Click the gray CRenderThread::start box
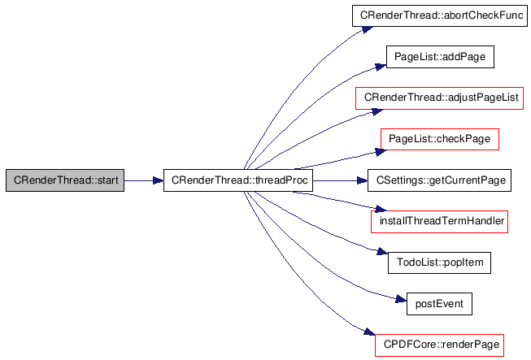[x=65, y=180]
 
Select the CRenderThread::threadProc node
[x=238, y=180]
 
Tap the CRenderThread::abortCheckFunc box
[x=440, y=15]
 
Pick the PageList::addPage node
[x=440, y=57]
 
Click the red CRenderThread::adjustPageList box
[x=440, y=98]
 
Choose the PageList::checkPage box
[x=440, y=139]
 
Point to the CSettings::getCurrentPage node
[x=440, y=180]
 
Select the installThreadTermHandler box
[x=440, y=222]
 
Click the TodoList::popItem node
[x=440, y=262]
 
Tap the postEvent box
[x=440, y=304]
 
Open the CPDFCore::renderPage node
[x=440, y=345]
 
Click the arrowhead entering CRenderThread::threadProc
[x=158, y=180]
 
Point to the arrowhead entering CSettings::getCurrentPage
[x=363, y=180]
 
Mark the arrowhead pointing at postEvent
[x=401, y=299]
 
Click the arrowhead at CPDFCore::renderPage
[x=369, y=332]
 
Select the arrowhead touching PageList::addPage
[x=381, y=67]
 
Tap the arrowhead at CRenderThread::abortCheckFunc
[x=368, y=29]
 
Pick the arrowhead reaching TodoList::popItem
[x=382, y=251]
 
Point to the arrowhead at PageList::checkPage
[x=381, y=152]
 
